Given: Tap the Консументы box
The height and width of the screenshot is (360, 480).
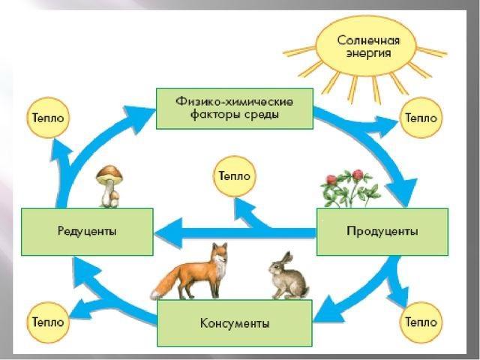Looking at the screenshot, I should [235, 323].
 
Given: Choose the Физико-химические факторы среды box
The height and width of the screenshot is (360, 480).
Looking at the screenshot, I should [234, 108].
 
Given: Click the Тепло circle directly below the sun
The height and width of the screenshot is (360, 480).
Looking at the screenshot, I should [421, 118].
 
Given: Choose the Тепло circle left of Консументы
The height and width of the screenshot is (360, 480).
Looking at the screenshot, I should [46, 322].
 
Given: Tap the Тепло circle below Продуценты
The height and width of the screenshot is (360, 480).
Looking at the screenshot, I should [421, 322].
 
